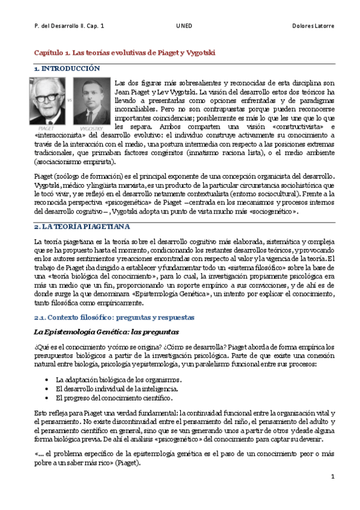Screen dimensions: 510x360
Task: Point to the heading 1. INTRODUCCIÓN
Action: [67, 69]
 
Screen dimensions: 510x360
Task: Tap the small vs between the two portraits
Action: [69, 98]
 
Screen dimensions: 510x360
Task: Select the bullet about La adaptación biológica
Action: [118, 380]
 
